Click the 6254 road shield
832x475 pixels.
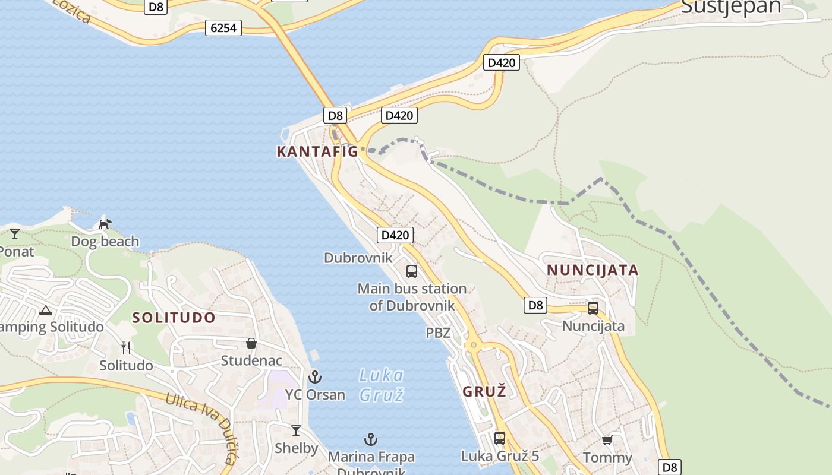point(223,27)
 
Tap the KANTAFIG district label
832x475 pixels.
point(317,151)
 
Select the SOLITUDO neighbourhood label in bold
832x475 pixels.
point(174,317)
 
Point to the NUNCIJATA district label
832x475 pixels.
point(593,270)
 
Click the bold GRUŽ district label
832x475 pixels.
point(484,391)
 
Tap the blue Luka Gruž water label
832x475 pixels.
point(382,384)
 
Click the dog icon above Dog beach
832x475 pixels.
point(105,224)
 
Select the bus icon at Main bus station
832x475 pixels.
point(412,271)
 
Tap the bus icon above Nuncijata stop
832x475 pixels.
point(593,308)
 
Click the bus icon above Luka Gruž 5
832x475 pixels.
point(500,438)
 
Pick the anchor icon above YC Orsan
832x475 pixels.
point(314,376)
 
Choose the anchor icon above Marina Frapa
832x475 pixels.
point(371,439)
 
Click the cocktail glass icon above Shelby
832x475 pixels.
point(295,430)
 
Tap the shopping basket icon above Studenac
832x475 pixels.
point(251,343)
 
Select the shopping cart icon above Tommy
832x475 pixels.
point(607,440)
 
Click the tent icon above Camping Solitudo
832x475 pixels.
point(46,310)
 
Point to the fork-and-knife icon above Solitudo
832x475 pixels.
point(125,347)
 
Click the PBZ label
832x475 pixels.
point(438,333)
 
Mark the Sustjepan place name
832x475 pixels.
point(731,7)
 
